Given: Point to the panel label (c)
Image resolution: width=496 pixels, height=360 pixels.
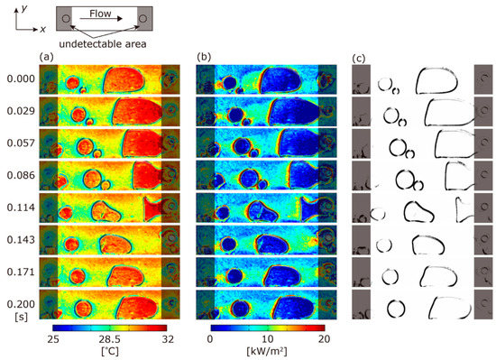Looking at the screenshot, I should pos(359,60).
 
